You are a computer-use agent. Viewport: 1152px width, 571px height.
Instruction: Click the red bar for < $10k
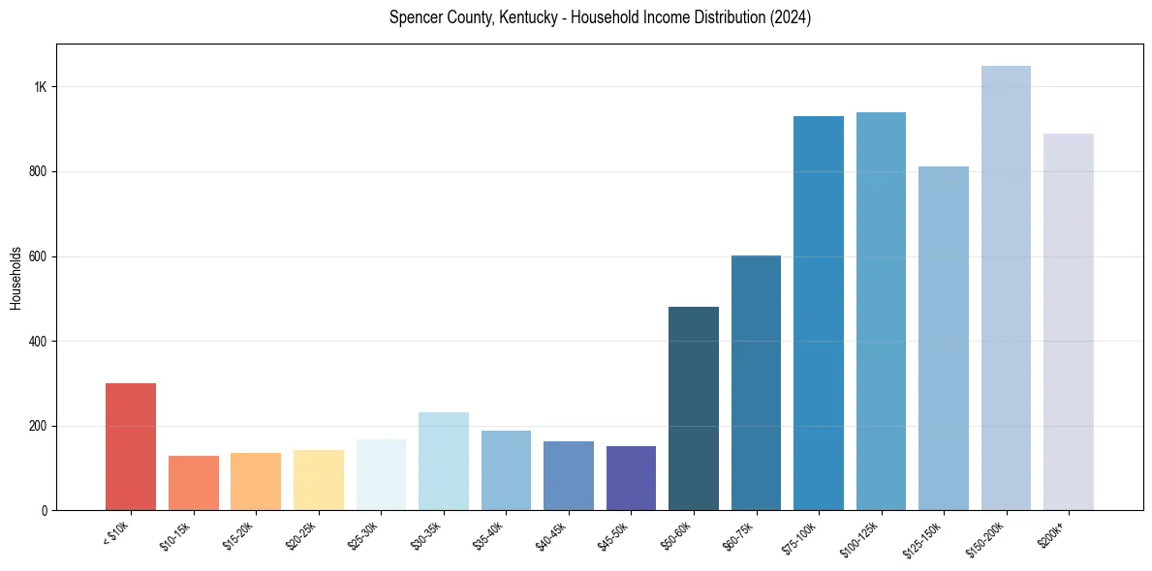click(x=131, y=447)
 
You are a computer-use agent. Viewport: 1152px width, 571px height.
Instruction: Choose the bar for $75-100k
click(x=819, y=314)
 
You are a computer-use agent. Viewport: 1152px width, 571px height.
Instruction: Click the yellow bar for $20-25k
click(x=319, y=480)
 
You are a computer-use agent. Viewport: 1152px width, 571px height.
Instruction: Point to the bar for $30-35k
click(x=444, y=462)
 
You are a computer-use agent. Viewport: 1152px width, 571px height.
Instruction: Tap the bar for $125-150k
click(x=944, y=339)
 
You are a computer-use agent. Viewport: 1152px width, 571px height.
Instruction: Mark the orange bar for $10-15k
click(x=194, y=483)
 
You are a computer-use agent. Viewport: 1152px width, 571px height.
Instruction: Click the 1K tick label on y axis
click(x=41, y=87)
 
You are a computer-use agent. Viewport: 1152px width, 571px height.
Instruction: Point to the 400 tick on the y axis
click(x=39, y=342)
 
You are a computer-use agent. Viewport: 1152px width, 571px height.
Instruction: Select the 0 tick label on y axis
click(x=45, y=511)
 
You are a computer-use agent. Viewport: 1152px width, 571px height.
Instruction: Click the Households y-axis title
click(x=16, y=278)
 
